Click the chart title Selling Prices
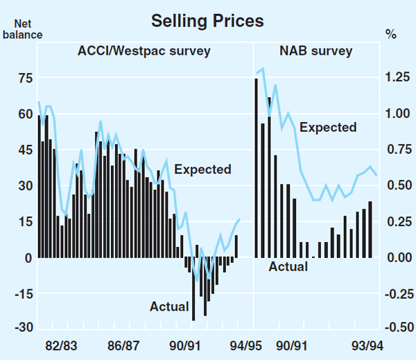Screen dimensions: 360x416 click(207, 21)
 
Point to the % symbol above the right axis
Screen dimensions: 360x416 click(390, 33)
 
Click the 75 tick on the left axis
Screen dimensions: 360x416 click(25, 78)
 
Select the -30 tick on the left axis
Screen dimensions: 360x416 click(24, 327)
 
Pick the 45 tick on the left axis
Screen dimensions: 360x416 click(25, 149)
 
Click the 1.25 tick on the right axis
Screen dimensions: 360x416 click(396, 78)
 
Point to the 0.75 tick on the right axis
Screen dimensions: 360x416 click(396, 149)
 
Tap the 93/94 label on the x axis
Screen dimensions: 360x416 click(368, 345)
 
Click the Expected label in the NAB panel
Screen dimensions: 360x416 click(328, 127)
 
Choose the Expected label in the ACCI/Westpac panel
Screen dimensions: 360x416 click(202, 169)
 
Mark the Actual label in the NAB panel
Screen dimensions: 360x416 click(288, 266)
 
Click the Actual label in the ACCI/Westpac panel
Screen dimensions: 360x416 click(169, 306)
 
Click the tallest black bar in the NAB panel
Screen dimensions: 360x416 click(256, 168)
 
